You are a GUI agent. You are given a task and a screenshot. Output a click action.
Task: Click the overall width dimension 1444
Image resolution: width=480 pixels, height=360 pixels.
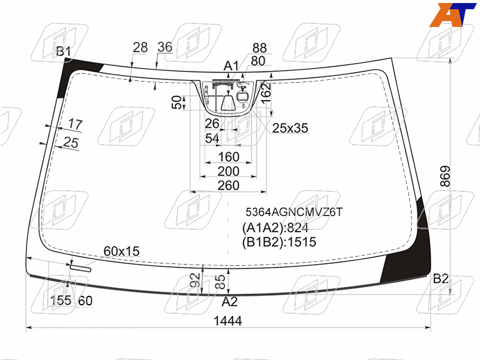point(227,321)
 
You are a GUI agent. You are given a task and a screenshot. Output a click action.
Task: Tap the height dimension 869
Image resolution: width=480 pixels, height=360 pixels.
point(445,176)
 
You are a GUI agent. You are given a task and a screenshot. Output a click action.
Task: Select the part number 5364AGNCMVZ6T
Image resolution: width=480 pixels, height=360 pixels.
point(294,212)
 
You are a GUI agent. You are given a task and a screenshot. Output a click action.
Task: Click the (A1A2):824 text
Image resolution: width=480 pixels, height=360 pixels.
point(275,228)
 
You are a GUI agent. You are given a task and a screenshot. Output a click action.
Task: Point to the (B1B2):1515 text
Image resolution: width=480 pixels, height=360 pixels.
point(279,242)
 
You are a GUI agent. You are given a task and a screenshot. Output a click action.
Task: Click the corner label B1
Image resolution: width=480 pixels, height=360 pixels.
point(64,52)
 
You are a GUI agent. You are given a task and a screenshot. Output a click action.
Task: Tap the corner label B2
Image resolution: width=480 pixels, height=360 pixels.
point(441,279)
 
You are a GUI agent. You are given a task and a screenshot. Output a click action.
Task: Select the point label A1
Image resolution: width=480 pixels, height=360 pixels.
point(231,65)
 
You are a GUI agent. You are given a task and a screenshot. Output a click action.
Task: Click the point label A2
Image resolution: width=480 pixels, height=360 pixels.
point(230,302)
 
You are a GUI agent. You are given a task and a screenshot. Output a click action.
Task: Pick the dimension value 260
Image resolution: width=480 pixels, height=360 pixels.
point(229,185)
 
